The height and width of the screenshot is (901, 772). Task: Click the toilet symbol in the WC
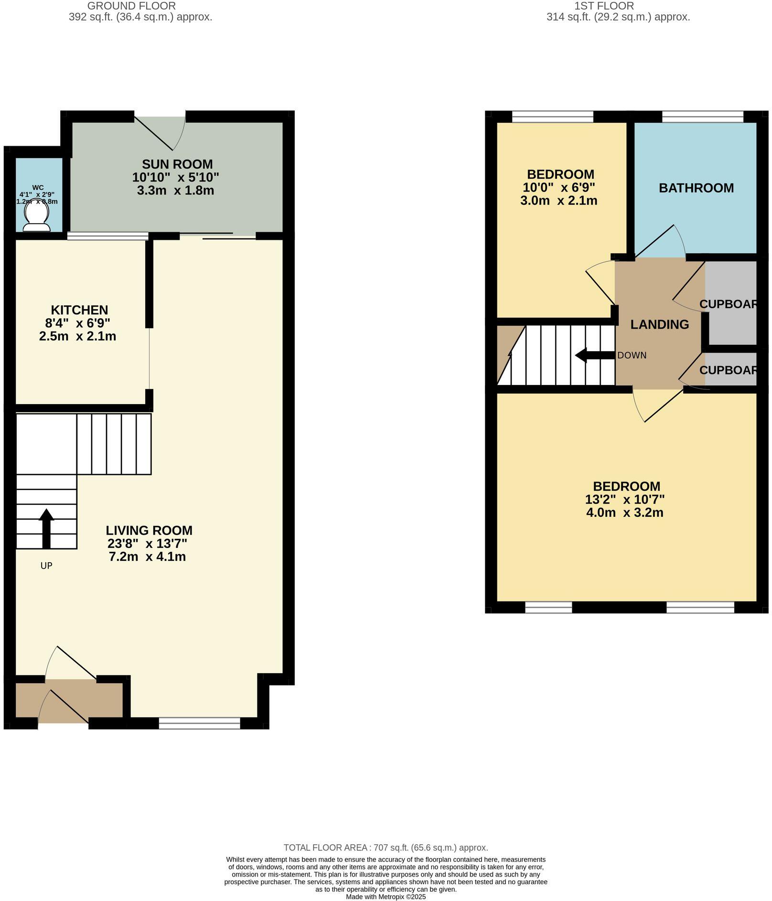[x=36, y=219]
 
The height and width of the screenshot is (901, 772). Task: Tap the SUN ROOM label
[x=177, y=164]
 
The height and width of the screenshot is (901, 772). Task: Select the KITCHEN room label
[x=79, y=310]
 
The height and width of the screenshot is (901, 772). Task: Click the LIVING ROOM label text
[x=149, y=530]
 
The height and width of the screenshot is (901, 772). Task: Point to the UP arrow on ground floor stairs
[x=46, y=528]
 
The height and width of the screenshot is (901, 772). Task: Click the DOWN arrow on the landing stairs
[x=594, y=355]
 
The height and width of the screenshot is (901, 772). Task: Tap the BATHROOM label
[x=696, y=188]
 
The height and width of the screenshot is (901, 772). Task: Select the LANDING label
[x=659, y=325]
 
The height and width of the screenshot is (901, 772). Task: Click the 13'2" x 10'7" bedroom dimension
[x=625, y=500]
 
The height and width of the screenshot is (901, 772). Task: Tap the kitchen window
[x=107, y=236]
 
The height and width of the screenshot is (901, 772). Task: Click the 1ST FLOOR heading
[x=604, y=6]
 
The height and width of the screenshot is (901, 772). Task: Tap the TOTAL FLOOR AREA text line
[x=386, y=847]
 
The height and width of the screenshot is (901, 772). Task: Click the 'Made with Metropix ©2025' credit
[x=386, y=897]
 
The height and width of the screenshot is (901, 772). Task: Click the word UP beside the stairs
[x=46, y=566]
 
